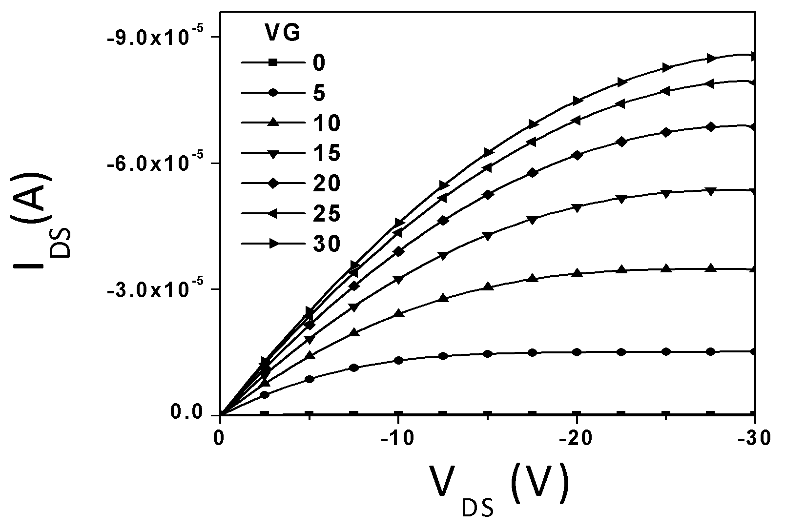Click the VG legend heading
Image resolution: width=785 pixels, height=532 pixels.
[x=283, y=33]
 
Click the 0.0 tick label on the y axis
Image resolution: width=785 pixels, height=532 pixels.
[x=187, y=412]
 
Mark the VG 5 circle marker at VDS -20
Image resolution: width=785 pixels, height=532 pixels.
[x=577, y=352]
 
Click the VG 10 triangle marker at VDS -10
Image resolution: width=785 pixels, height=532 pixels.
[x=398, y=313]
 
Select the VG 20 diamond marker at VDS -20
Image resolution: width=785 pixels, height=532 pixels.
[x=577, y=155]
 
